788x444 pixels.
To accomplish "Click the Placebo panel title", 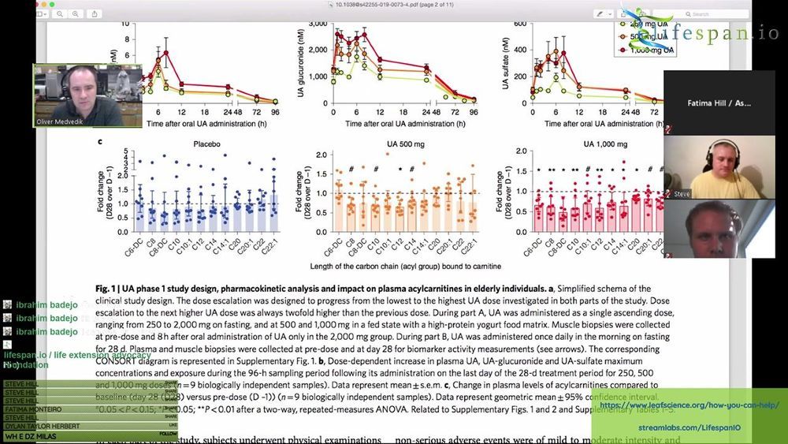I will coord(206,144).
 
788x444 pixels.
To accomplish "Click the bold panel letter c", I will coord(99,142).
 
